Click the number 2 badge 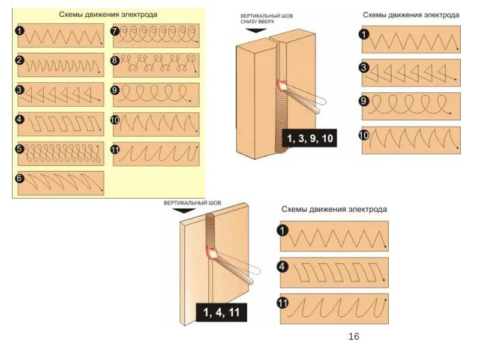tap(20, 60)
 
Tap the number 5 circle tap(20, 148)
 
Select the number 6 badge tap(20, 178)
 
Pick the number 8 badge tap(115, 60)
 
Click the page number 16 tap(353, 337)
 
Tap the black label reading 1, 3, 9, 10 tap(310, 139)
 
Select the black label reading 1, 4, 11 tap(221, 313)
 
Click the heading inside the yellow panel tap(108, 14)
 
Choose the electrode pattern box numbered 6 tap(61, 183)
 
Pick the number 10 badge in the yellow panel tap(115, 119)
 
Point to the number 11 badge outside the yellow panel tap(283, 302)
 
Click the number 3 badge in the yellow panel tap(20, 89)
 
